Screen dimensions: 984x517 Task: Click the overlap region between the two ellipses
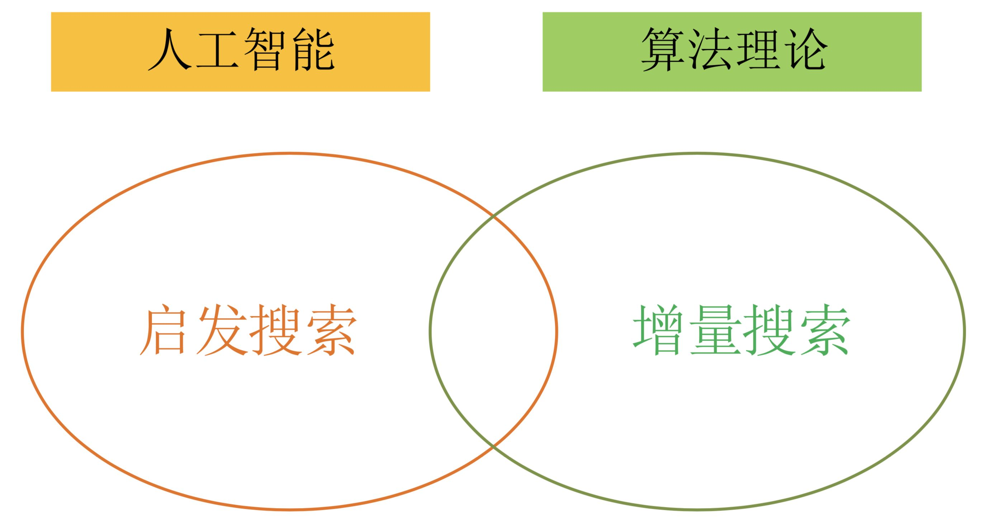(493, 331)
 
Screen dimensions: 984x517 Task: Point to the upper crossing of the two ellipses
(493, 217)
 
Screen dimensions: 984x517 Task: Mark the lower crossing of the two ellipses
(493, 445)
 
